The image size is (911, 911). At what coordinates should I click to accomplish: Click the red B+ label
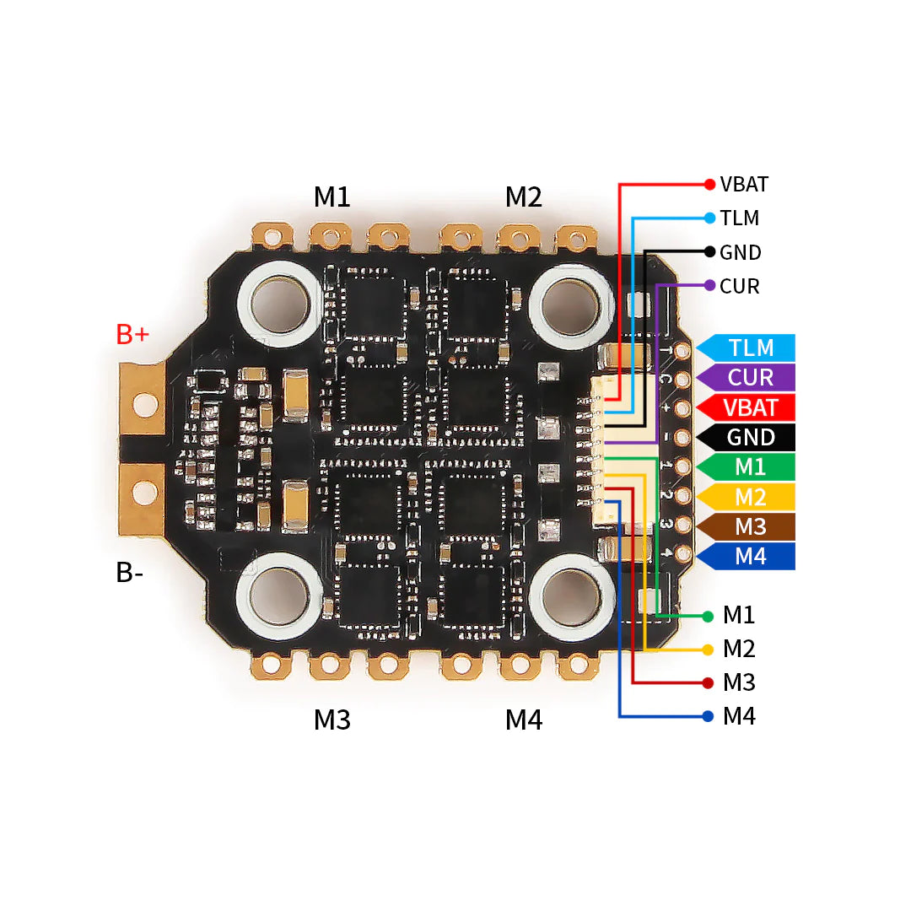pos(132,334)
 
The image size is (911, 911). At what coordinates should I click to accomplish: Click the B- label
pos(129,573)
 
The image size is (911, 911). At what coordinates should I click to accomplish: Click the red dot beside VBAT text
pos(709,184)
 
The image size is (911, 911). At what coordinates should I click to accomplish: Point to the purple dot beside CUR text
pos(709,286)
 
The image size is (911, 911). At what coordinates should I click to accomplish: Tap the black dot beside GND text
pos(709,251)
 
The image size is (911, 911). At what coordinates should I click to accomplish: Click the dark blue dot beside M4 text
pos(708,717)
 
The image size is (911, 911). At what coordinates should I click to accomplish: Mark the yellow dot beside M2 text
pos(708,650)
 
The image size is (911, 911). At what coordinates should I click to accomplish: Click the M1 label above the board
pos(332,197)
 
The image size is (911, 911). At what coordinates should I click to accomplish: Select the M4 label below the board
pos(524,720)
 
